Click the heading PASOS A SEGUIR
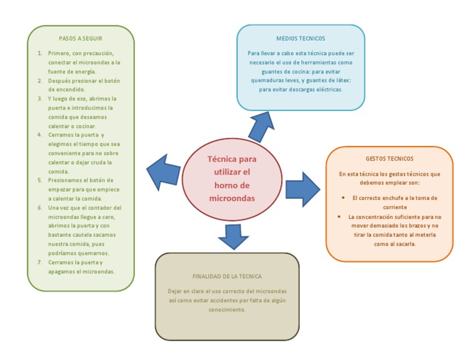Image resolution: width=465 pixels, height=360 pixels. coord(80,38)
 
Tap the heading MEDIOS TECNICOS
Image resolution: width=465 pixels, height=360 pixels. coord(300,38)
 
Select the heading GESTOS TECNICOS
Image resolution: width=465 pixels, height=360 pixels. coord(389,159)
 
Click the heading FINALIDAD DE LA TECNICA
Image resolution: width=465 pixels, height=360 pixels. coord(227,276)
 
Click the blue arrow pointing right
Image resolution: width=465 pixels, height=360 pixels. coord(302,188)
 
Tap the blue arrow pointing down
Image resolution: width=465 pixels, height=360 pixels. coord(232,236)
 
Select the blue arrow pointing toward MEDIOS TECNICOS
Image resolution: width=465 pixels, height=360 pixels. coord(261,125)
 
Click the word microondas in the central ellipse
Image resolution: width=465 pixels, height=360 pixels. coord(232,198)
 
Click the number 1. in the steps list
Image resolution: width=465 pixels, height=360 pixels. coord(40,53)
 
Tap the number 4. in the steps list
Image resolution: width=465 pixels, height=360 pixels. coord(40,135)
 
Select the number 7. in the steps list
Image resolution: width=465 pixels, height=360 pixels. coord(40,262)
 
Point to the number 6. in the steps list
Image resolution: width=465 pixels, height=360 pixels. coord(40,208)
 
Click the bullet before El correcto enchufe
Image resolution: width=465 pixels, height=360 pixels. coord(343,198)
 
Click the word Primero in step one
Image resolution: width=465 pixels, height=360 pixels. coord(59,53)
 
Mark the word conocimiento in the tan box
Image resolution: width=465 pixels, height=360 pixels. coord(227,309)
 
